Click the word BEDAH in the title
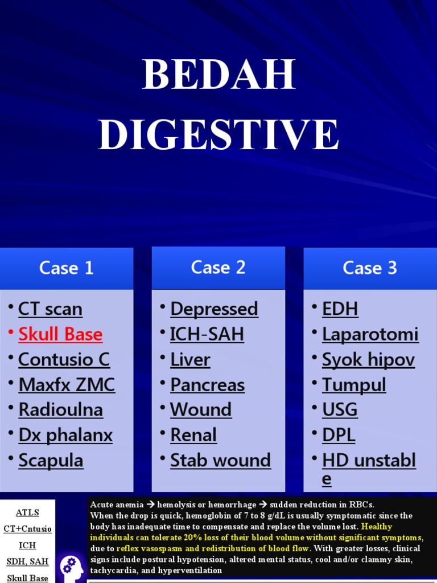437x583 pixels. tap(218, 74)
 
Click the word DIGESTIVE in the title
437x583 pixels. tap(218, 134)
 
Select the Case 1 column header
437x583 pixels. tap(67, 268)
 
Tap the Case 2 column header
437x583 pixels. tap(218, 268)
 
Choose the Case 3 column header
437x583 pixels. tap(370, 268)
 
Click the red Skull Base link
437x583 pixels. tap(60, 334)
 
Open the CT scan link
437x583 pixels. tap(50, 309)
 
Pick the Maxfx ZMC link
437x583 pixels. tap(67, 384)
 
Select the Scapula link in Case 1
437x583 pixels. tap(51, 461)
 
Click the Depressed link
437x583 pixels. tap(214, 309)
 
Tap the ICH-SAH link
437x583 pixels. tap(207, 334)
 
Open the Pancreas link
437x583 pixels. tap(207, 384)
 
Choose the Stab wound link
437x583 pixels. tap(221, 460)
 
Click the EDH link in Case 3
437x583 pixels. tap(340, 309)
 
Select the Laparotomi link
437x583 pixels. tap(370, 334)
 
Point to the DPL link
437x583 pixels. tap(339, 435)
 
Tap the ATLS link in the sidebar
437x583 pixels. tap(27, 512)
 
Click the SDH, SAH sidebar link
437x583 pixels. tap(27, 561)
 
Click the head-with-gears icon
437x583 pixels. tap(72, 569)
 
